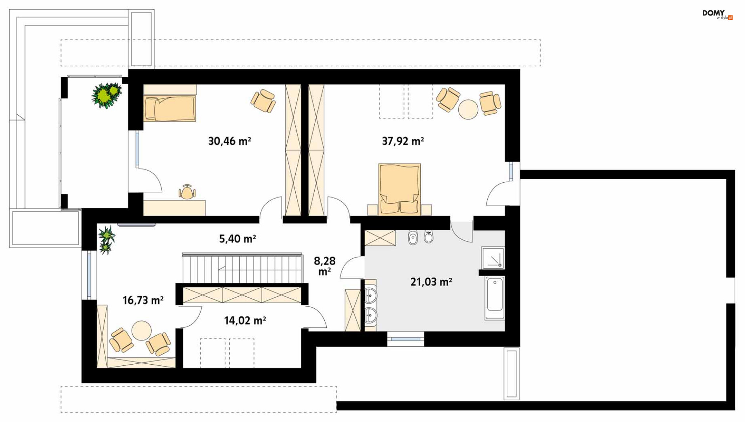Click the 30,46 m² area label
pos(229,141)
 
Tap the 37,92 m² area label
pos(403,141)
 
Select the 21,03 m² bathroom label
pos(431,282)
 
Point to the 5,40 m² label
pos(237,239)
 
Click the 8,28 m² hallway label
pos(325,266)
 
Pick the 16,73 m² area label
pos(143,300)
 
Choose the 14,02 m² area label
pos(245,321)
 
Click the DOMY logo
pos(717,14)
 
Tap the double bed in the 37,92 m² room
pos(399,189)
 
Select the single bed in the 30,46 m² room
pos(170,109)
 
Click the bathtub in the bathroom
pos(495,298)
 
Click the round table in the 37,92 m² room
pos(468,109)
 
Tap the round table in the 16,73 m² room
pos(141,330)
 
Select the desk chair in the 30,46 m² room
pos(187,192)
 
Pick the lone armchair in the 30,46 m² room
pos(263,101)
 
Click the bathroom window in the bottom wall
pos(405,339)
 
